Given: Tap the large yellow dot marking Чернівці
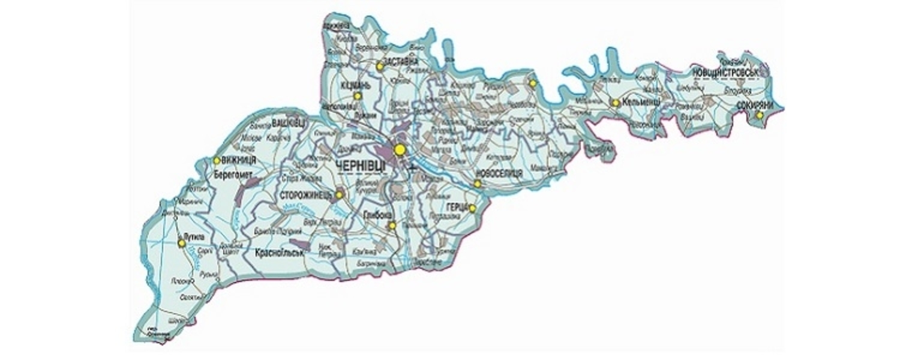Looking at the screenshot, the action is [x=399, y=149].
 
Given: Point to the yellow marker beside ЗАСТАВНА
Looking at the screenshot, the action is [x=380, y=67].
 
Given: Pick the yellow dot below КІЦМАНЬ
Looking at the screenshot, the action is [x=358, y=95].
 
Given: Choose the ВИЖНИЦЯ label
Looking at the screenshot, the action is [x=239, y=160].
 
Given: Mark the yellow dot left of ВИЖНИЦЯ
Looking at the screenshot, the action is [x=216, y=160].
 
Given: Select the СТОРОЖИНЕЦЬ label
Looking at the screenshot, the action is [x=305, y=195].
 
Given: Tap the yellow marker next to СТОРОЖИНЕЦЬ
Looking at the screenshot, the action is [x=339, y=195].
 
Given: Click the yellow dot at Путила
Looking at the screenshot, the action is [x=181, y=243].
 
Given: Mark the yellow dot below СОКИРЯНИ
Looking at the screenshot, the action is [x=759, y=115].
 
